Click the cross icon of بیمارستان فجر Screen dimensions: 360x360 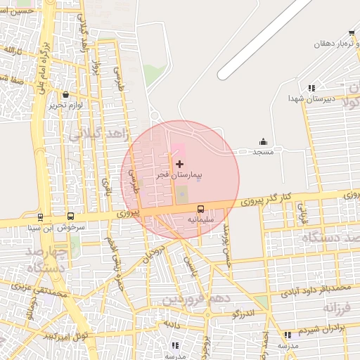tap(179, 163)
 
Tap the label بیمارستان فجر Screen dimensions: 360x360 tap(179, 173)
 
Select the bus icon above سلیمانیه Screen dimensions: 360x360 tap(200, 209)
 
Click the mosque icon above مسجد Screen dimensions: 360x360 tap(264, 141)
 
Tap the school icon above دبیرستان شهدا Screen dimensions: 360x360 tap(310, 88)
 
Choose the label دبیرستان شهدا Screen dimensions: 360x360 tap(309, 99)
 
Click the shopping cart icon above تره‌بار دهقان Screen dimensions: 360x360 tap(351, 33)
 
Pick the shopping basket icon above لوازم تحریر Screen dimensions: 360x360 tap(65, 95)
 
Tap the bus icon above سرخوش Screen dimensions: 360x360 tap(70, 217)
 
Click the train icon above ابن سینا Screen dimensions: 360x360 tap(40, 217)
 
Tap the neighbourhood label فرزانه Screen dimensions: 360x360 tap(336, 308)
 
